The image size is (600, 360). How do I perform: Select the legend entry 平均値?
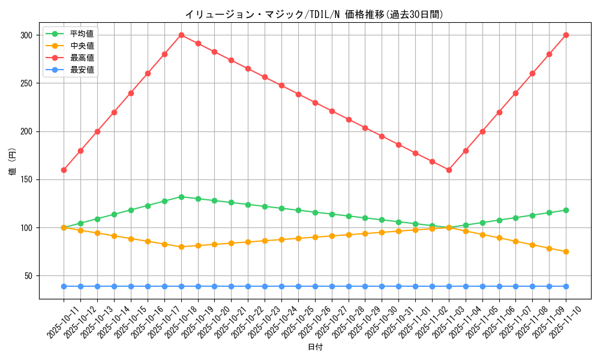click(82, 33)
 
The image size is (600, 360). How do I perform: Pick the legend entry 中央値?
click(82, 46)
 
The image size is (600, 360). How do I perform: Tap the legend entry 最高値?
click(82, 58)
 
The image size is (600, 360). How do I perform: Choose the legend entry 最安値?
click(82, 70)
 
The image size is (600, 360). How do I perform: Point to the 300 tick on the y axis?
click(26, 35)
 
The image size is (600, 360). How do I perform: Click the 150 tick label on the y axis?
click(26, 179)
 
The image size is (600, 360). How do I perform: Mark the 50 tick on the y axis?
click(28, 276)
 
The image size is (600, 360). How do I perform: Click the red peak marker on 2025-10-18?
click(181, 35)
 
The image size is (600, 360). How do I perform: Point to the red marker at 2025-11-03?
click(449, 170)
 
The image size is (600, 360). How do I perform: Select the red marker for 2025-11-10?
click(566, 35)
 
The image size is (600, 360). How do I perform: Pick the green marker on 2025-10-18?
click(181, 197)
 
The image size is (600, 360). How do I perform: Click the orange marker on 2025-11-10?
click(566, 251)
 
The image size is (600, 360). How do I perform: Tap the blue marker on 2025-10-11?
click(64, 286)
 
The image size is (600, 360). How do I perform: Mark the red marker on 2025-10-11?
click(64, 170)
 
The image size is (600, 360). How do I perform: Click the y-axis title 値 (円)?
click(12, 162)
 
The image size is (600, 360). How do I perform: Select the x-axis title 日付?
click(315, 347)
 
